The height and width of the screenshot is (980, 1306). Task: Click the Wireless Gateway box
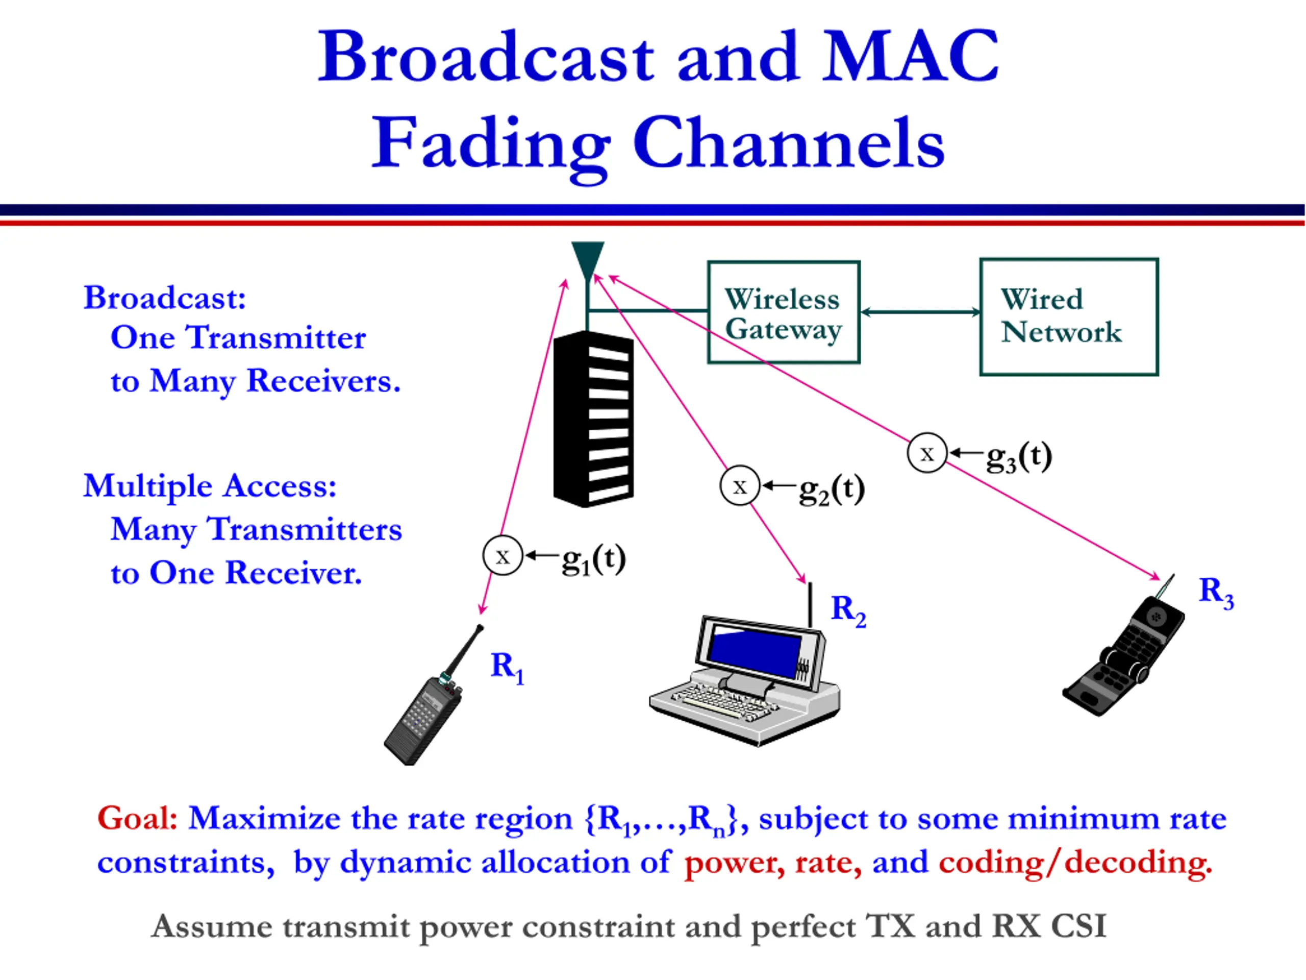click(784, 312)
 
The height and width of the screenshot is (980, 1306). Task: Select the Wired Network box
click(1069, 316)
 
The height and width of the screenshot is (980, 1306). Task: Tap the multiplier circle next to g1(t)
click(503, 555)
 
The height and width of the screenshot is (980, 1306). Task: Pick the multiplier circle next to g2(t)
click(739, 485)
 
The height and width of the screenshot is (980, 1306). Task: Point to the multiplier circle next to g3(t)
click(926, 453)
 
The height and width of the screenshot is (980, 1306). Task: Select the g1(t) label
click(593, 559)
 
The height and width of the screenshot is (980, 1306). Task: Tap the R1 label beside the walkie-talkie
click(507, 667)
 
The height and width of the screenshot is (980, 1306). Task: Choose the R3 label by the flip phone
click(1216, 592)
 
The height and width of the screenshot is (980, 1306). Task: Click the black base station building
click(593, 420)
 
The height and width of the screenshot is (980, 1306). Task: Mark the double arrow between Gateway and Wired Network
click(920, 312)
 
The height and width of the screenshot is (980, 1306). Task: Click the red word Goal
click(137, 818)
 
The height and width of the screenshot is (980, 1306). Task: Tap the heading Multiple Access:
click(210, 486)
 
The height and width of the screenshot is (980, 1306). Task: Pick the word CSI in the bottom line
click(1078, 926)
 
